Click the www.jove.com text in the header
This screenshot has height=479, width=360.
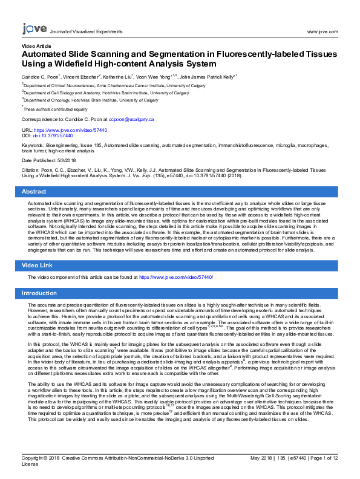[321, 31]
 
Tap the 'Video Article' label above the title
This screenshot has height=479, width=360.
[36, 46]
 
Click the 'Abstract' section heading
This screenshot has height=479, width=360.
[34, 191]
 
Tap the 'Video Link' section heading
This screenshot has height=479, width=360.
[38, 266]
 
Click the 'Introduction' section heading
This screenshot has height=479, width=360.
[39, 293]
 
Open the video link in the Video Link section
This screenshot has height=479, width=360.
[176, 277]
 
